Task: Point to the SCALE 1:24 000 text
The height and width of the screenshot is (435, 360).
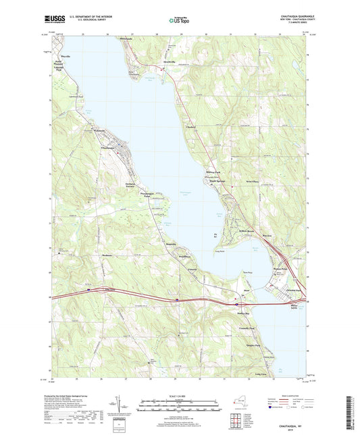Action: tap(179, 396)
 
